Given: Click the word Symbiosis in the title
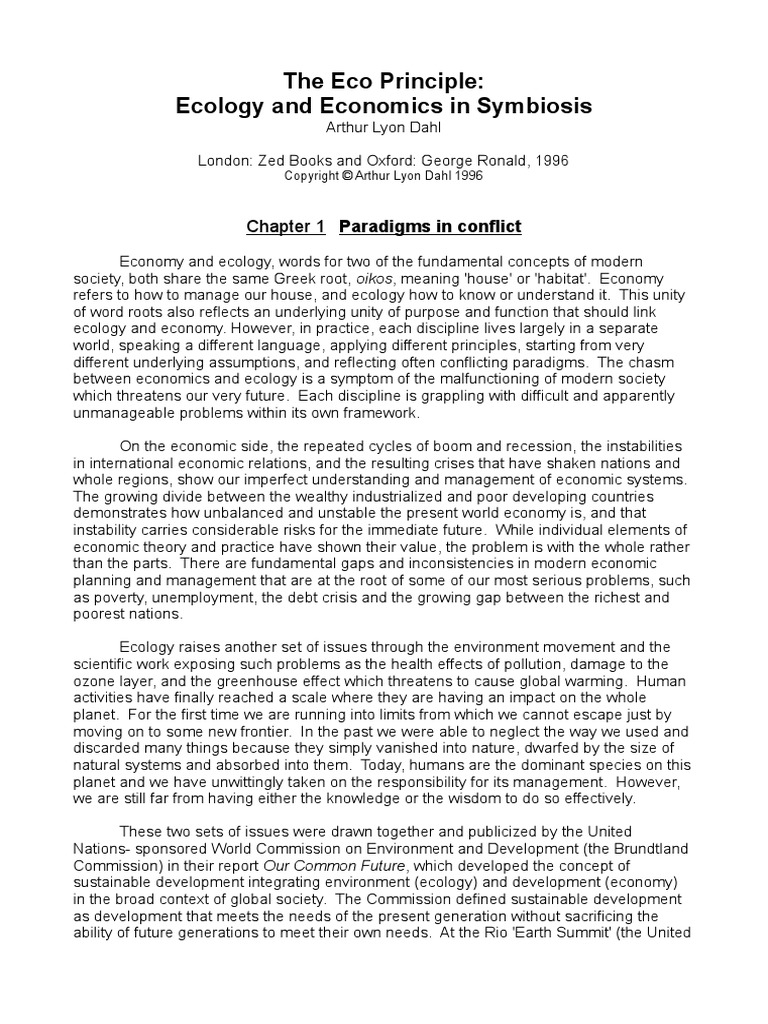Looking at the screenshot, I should click(545, 105).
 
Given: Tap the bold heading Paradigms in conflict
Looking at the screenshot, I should click(431, 227).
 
